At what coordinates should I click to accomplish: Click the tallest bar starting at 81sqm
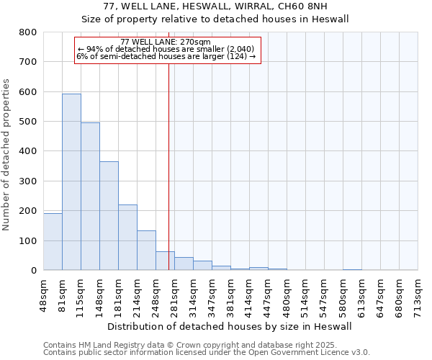coord(71,182)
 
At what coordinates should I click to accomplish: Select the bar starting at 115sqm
coord(90,197)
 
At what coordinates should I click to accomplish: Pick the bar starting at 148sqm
coord(109,216)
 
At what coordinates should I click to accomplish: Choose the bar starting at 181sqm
coord(127,238)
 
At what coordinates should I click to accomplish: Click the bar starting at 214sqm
coord(146,251)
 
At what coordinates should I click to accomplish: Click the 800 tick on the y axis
coord(28,32)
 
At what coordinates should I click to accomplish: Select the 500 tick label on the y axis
coord(28,122)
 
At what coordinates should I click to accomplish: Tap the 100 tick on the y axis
coord(28,240)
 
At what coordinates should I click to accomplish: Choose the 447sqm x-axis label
coord(268,294)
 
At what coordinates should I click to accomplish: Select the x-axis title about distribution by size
coord(230,326)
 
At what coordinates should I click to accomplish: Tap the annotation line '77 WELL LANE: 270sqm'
coord(166,42)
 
